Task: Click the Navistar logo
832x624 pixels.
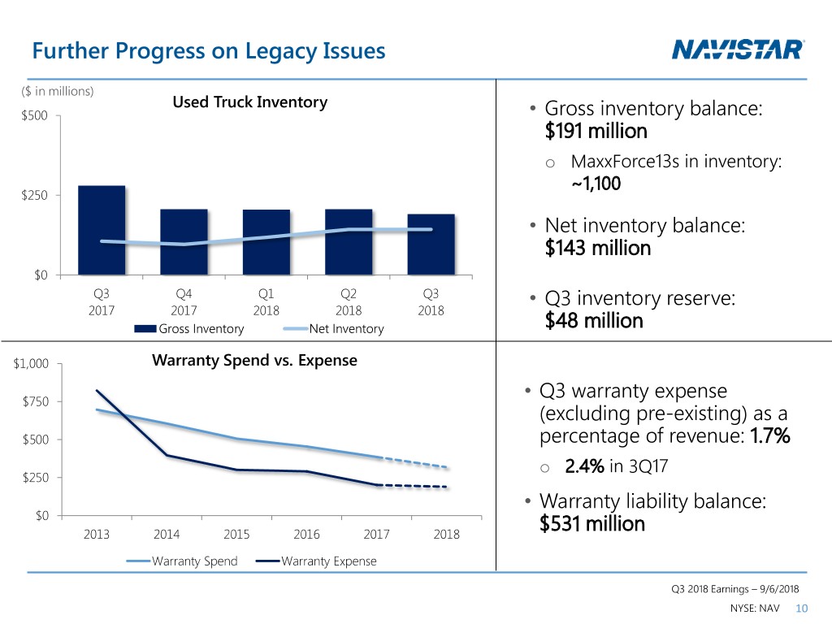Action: point(739,50)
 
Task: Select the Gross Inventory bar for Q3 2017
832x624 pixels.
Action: point(102,232)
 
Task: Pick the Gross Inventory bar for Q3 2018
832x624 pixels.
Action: point(431,245)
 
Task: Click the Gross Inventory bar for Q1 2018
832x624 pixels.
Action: point(266,243)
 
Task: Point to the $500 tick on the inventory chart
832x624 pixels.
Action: point(35,116)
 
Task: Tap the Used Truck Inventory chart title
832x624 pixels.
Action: point(249,102)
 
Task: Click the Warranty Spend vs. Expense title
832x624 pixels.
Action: point(254,359)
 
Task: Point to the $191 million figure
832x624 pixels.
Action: point(596,131)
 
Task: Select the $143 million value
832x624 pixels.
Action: point(598,248)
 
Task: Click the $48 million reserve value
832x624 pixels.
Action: point(594,321)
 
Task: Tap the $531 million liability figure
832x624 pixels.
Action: point(591,523)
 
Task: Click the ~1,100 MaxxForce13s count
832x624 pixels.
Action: point(596,184)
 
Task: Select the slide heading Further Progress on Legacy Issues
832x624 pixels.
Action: point(208,52)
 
